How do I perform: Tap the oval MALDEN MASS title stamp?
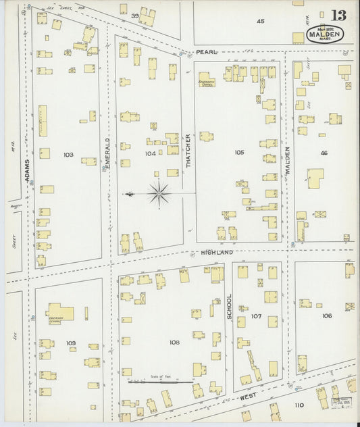click(326, 34)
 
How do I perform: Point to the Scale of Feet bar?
click(161, 382)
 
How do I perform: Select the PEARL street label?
click(205, 52)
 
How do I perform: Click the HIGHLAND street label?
click(216, 252)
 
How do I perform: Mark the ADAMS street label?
click(28, 172)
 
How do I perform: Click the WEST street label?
click(249, 398)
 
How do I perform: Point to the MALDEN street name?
click(286, 161)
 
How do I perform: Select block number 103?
click(68, 155)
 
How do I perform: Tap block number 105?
click(239, 153)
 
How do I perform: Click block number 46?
click(324, 153)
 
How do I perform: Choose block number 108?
click(174, 342)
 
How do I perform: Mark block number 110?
click(299, 405)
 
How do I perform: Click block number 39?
click(134, 16)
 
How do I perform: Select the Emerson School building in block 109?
click(60, 311)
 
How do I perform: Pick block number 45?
click(261, 22)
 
